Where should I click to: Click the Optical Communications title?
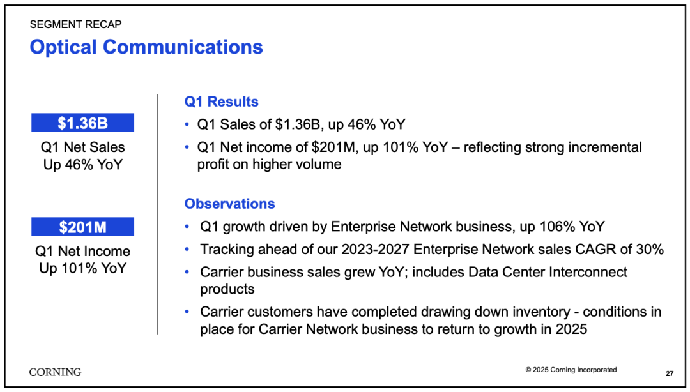click(146, 47)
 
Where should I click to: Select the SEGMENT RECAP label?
click(75, 24)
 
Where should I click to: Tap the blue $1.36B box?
click(82, 123)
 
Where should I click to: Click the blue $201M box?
click(82, 227)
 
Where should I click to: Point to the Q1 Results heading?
click(221, 102)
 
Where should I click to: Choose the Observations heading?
click(230, 204)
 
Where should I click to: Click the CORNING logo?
click(56, 372)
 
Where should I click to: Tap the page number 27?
click(670, 373)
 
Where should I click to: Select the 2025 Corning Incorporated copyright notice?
click(571, 370)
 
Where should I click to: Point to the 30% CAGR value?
click(650, 250)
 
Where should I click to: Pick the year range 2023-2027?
click(376, 250)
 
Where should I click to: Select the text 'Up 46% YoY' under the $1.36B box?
click(82, 165)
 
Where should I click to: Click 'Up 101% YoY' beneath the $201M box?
click(82, 268)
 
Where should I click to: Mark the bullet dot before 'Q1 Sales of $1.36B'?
click(187, 124)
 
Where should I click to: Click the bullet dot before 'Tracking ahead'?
click(187, 250)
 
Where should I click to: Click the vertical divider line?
click(157, 215)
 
